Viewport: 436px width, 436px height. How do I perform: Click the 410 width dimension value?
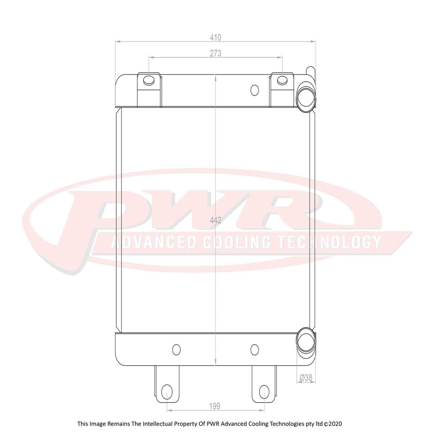coord(215,37)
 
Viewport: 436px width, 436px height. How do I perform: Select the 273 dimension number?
coord(215,53)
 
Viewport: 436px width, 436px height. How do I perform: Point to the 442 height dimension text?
coord(215,220)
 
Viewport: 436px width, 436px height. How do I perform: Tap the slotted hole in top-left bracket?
coord(149,80)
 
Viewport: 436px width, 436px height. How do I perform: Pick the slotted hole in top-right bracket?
coord(282,80)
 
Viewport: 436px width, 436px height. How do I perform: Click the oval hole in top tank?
coord(255,90)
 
